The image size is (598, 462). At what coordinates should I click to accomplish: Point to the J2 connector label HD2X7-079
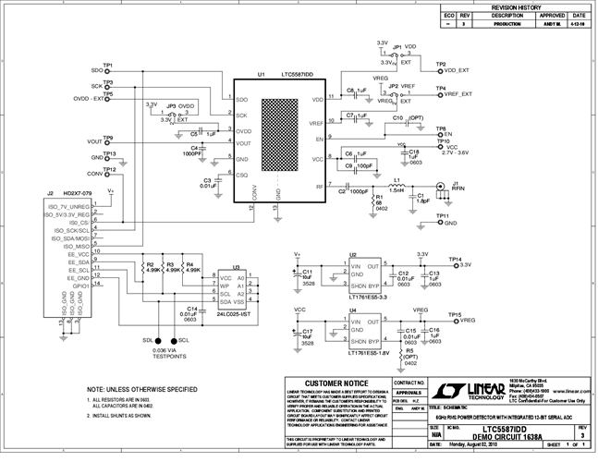79,194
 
